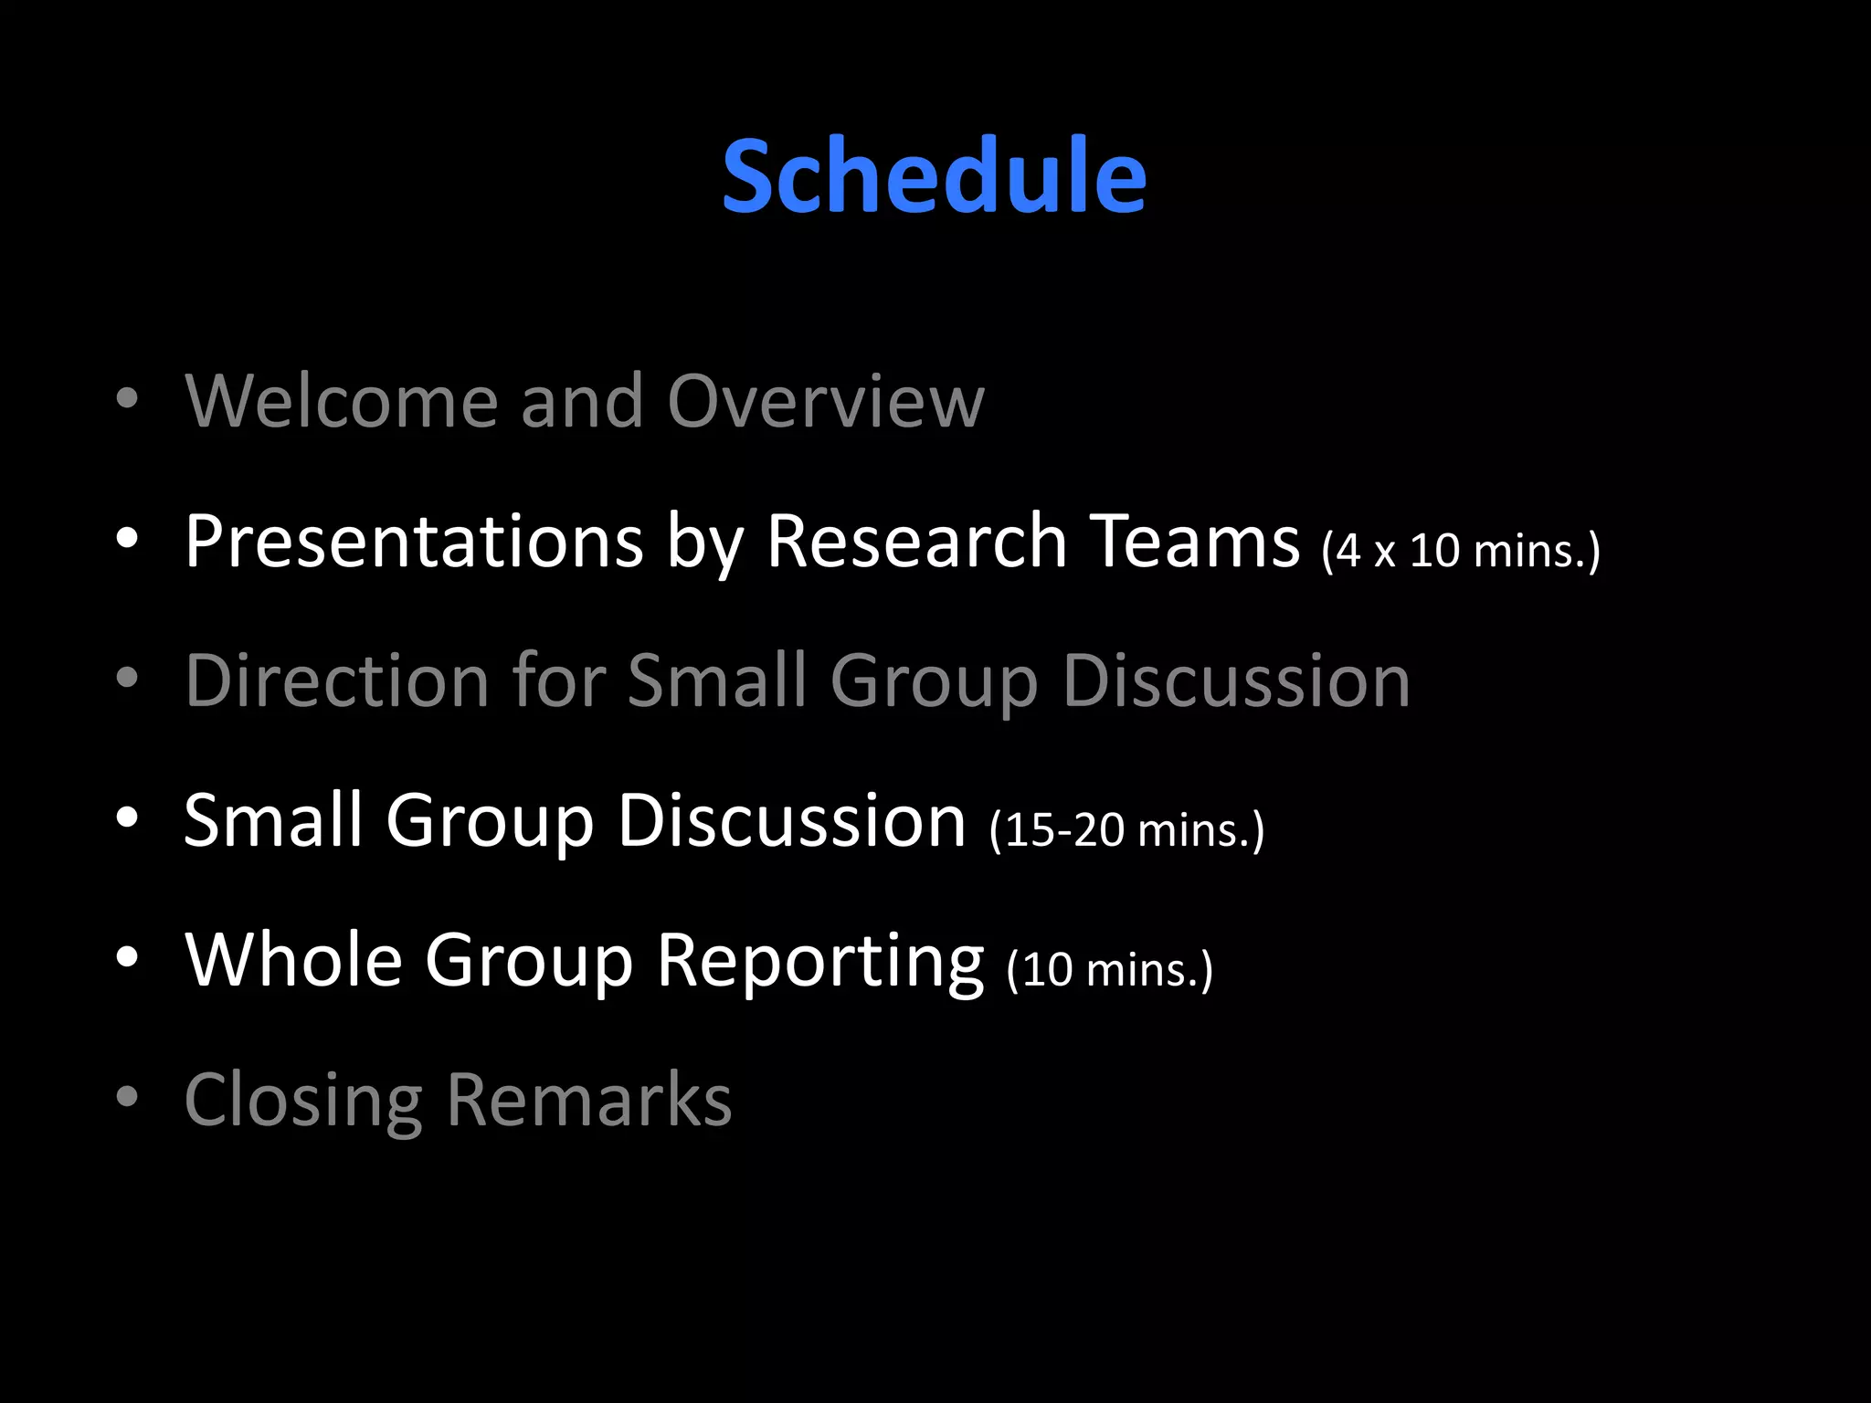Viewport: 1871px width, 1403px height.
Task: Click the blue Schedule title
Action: point(934,175)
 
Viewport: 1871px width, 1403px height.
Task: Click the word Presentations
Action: point(414,541)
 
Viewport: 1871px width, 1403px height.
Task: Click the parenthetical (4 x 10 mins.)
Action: point(1460,551)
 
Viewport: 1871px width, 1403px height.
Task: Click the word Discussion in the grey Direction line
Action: point(1236,680)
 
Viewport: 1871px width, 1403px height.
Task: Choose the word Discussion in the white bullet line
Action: point(791,819)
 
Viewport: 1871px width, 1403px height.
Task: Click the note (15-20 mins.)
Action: point(1126,829)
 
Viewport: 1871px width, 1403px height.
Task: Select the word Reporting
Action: point(820,961)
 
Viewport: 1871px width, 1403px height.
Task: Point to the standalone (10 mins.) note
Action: point(1109,969)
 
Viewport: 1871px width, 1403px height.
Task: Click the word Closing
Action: point(303,1100)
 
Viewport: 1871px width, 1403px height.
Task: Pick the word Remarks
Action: point(589,1100)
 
